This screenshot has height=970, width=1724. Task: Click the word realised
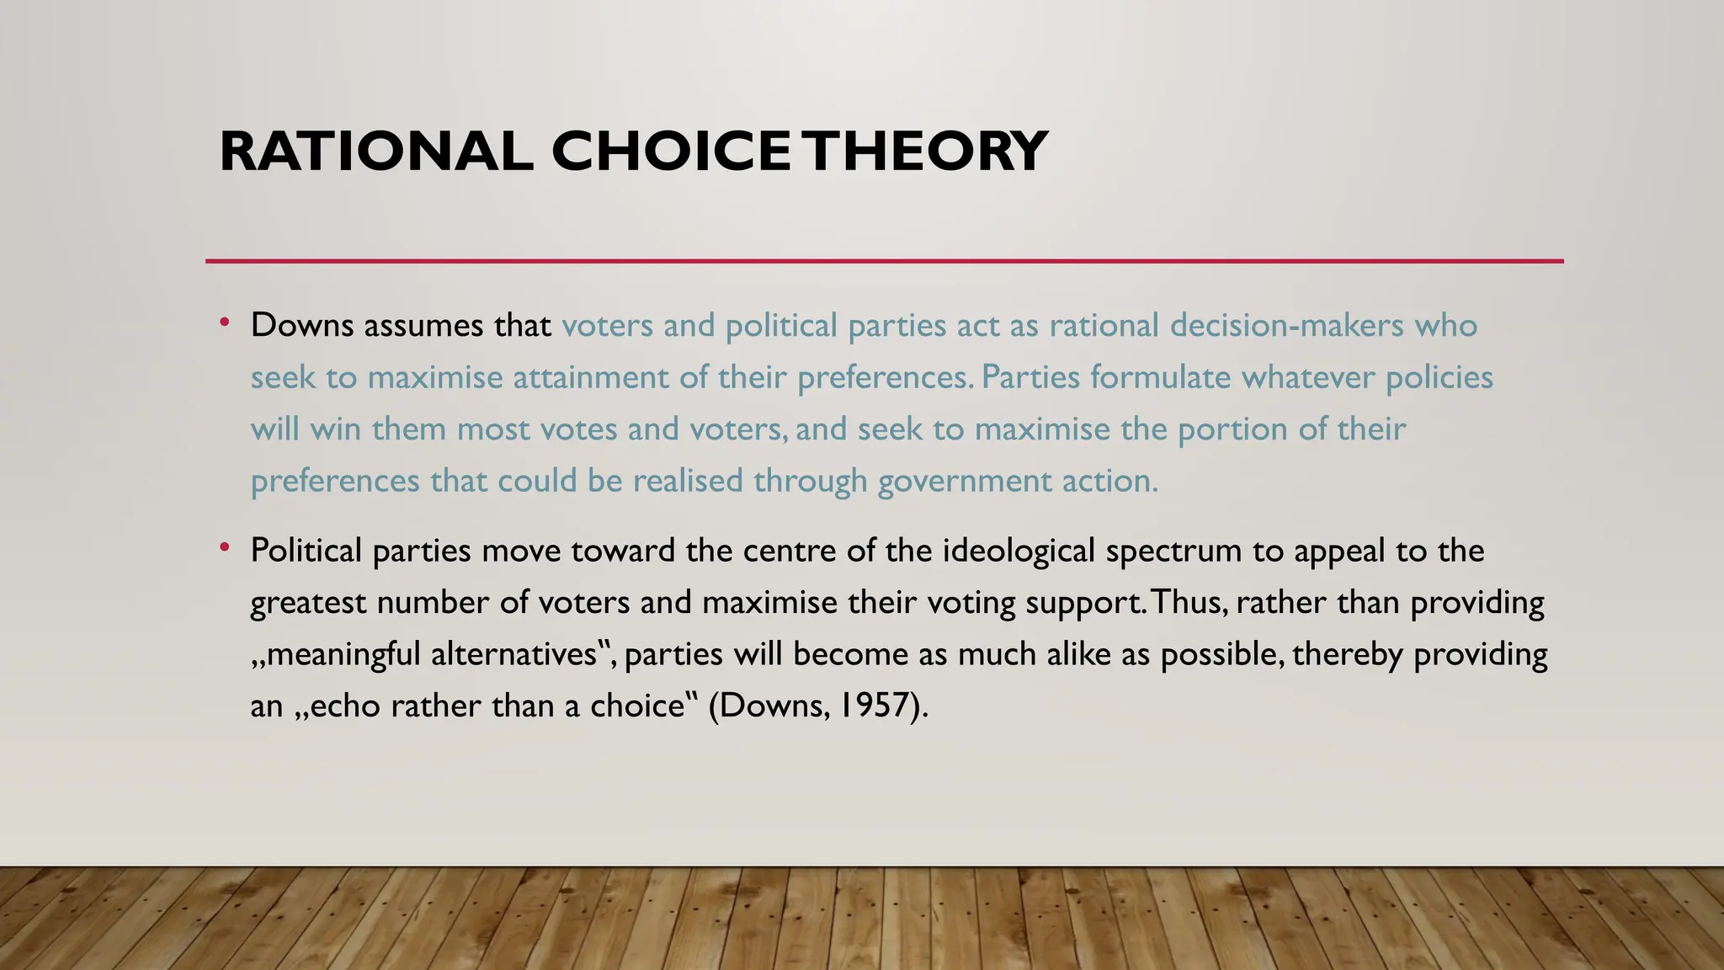688,482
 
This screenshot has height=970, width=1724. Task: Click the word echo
345,706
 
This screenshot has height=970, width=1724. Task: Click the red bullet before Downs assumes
224,322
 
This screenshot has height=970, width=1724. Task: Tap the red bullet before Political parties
224,548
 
